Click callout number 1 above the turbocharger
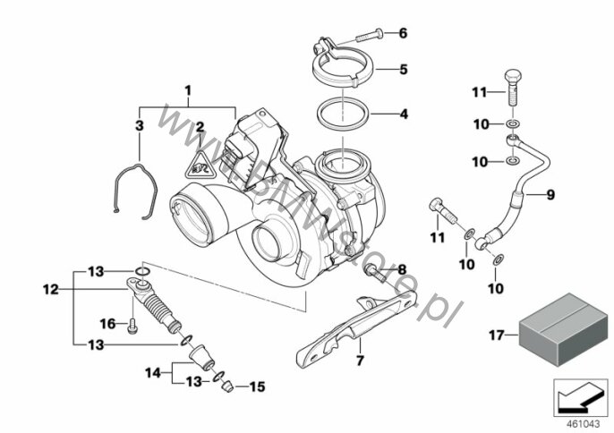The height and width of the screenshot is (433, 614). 188,90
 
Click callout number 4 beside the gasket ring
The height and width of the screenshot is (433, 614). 403,115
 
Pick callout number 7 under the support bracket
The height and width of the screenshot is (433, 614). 360,361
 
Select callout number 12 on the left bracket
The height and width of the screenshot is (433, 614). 48,289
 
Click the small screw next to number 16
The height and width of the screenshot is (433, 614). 132,325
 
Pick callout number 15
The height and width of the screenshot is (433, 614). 258,387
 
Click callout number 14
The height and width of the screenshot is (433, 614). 151,371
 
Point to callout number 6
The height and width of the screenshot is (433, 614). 403,33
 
